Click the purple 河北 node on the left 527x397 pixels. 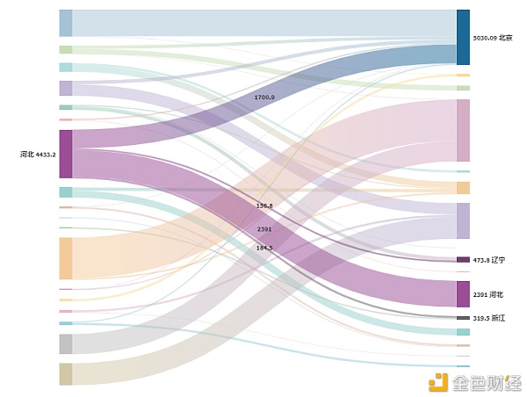66,154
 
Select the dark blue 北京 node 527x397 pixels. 463,38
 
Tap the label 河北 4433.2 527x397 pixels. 39,155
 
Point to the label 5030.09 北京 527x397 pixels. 491,39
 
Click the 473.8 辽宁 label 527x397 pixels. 489,260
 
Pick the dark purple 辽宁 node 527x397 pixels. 463,260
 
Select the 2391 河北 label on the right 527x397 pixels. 488,294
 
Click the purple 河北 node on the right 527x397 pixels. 463,293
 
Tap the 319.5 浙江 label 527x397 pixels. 489,318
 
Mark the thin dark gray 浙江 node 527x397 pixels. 463,318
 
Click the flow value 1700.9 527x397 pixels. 263,97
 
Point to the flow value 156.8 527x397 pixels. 263,206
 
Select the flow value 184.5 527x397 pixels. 263,248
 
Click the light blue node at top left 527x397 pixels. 66,23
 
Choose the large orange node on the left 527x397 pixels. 66,258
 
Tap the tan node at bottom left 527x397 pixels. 66,374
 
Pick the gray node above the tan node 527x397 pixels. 66,343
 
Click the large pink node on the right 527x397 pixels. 463,130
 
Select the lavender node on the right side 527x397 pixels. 463,220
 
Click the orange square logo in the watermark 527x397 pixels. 437,381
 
